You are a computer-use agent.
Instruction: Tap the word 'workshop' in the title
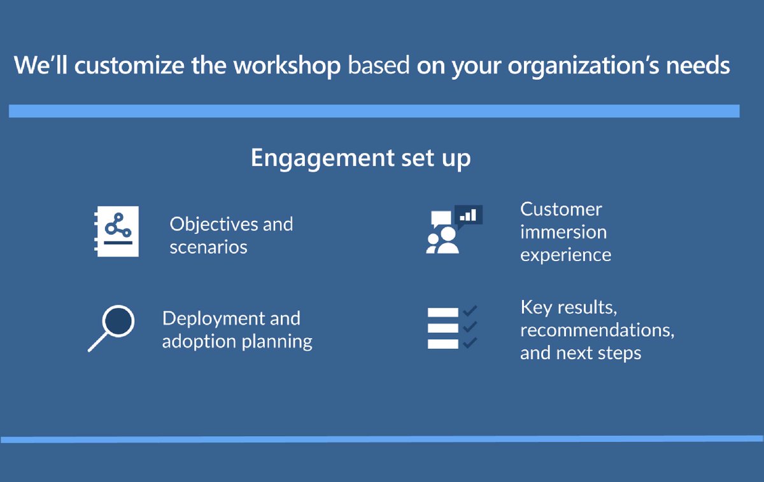point(286,66)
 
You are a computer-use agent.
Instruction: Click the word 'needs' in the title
point(700,66)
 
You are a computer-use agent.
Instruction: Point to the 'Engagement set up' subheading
point(360,157)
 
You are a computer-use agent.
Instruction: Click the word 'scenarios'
point(208,247)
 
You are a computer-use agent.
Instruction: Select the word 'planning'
point(277,342)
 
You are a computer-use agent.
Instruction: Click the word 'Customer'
point(561,209)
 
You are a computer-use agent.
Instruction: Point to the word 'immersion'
point(563,232)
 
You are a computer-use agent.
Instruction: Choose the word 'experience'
point(565,255)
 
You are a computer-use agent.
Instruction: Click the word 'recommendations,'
point(597,330)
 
